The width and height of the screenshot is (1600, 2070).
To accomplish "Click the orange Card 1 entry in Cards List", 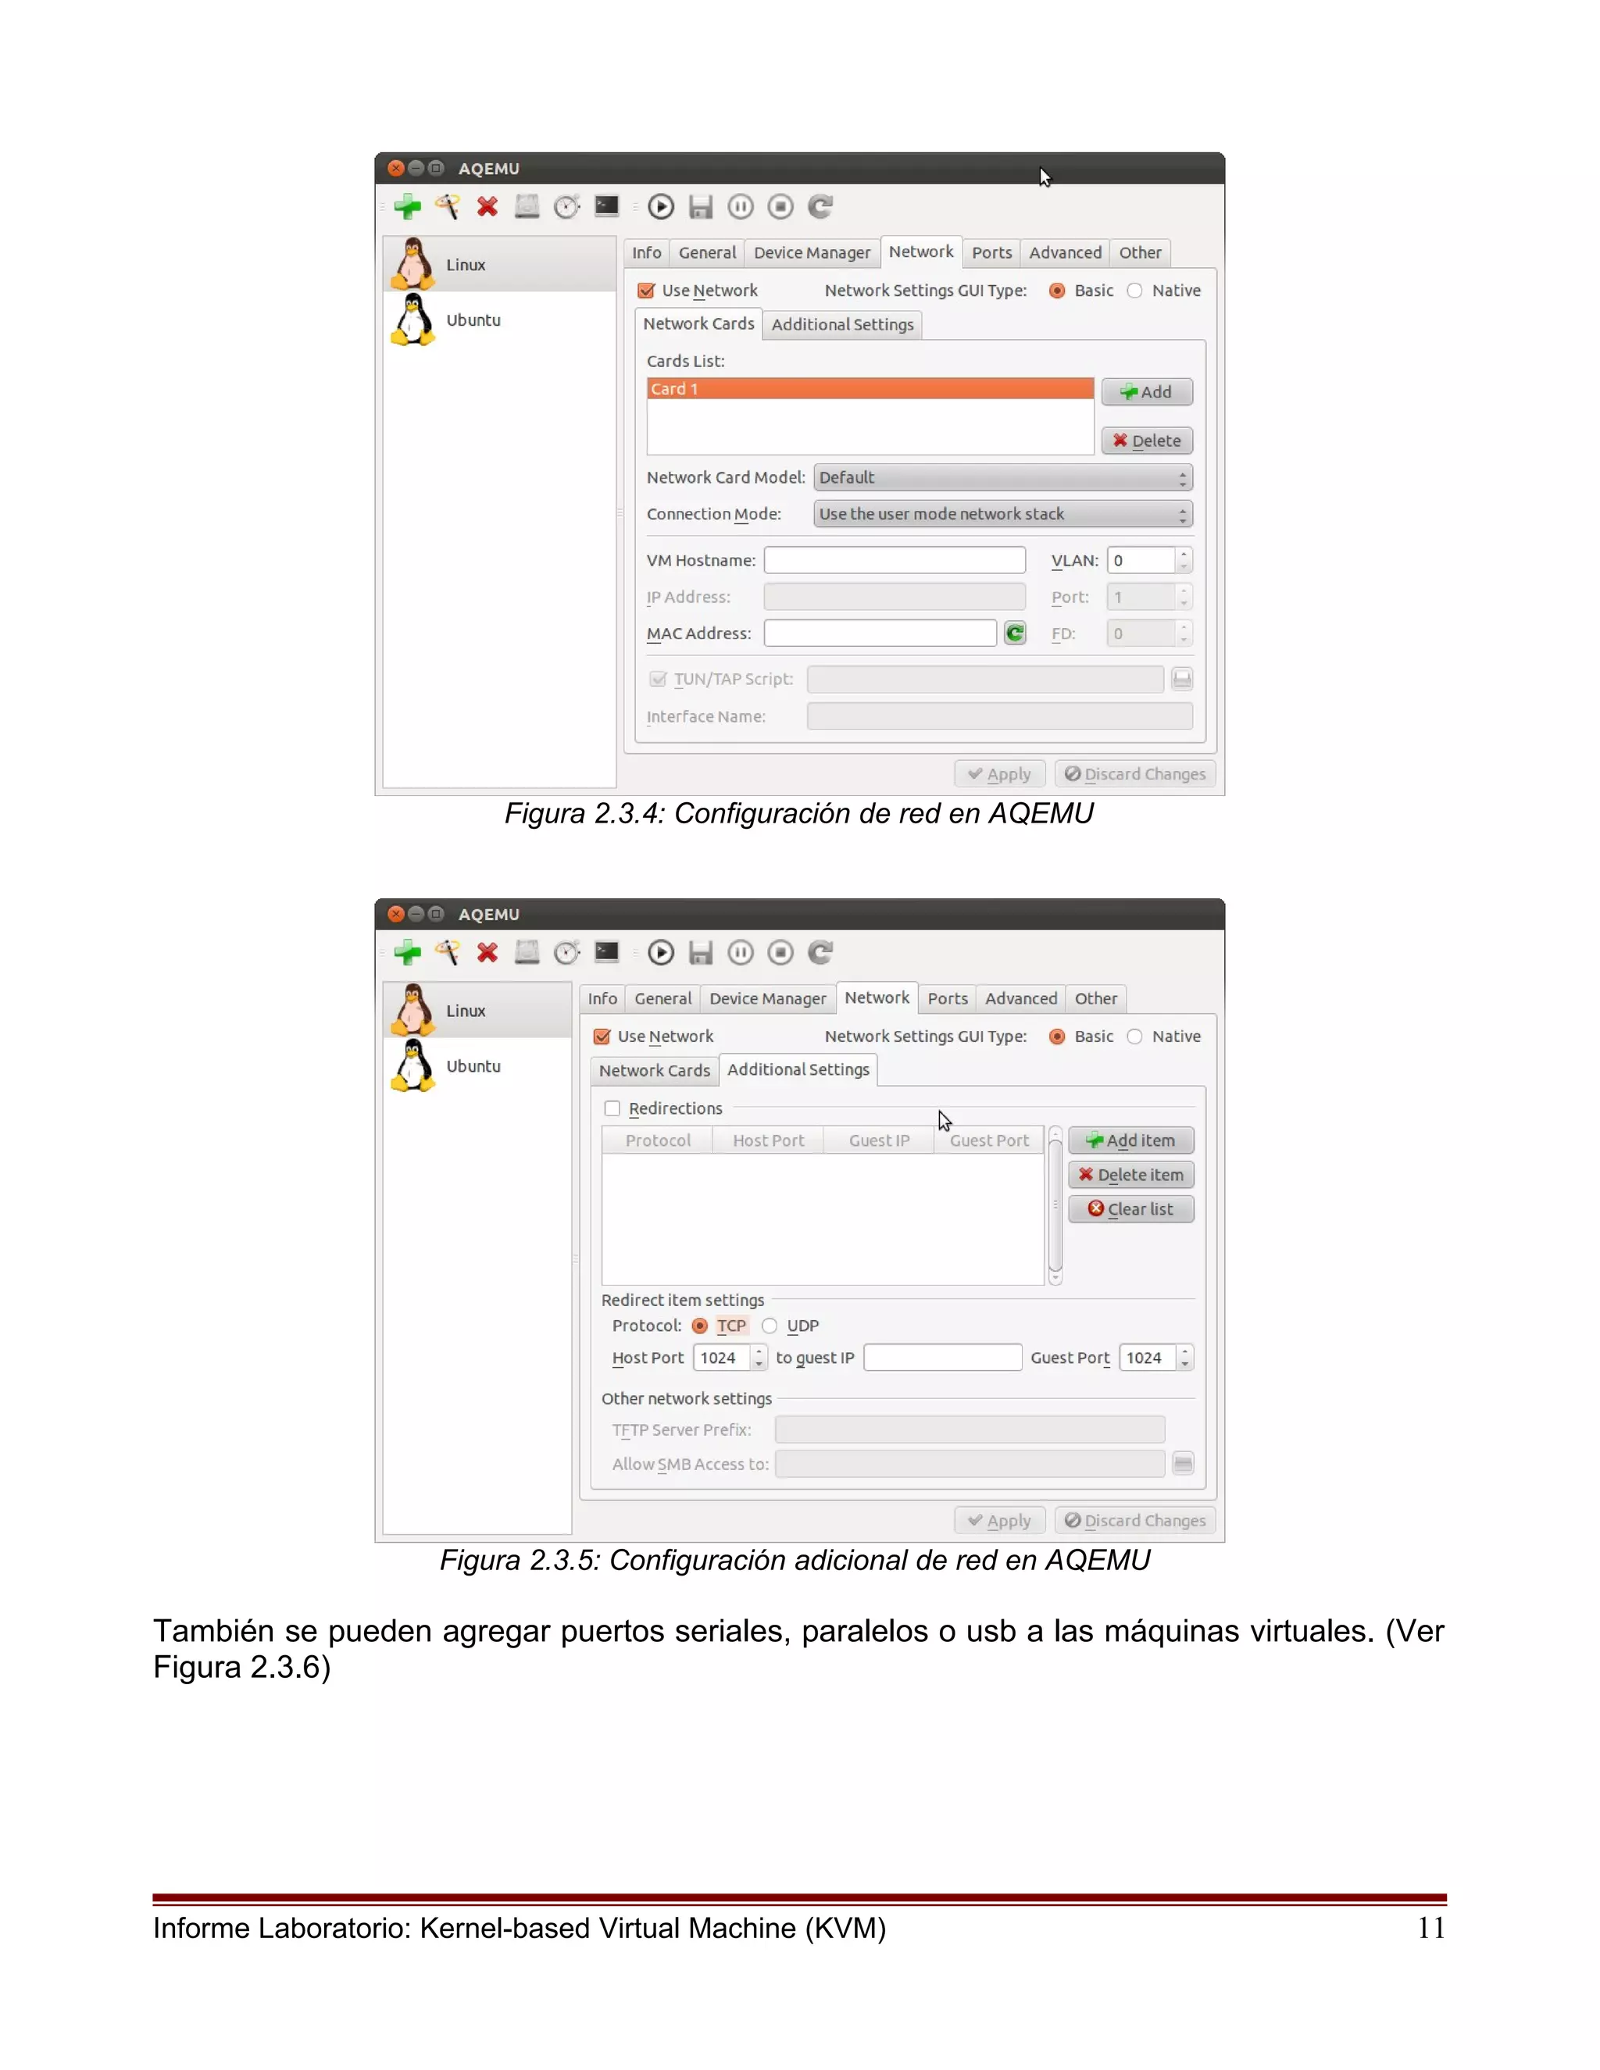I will tap(870, 388).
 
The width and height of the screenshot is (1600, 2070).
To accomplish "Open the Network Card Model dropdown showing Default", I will tap(1002, 478).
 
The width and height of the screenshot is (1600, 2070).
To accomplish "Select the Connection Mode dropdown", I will tap(1002, 515).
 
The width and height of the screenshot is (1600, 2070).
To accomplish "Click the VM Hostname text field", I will tap(894, 560).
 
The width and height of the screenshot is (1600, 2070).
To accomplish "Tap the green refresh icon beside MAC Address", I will tap(1015, 633).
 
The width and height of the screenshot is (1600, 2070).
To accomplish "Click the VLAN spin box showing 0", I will tap(1141, 560).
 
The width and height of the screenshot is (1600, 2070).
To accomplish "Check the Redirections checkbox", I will tap(612, 1108).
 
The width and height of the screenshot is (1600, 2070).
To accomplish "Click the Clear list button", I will tap(1130, 1209).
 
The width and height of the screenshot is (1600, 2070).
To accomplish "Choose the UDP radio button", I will tap(770, 1326).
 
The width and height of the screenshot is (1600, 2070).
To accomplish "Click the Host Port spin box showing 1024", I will tap(721, 1358).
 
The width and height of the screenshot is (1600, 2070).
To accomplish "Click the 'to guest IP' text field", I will tap(942, 1358).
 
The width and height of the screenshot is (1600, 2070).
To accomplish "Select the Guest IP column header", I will tap(879, 1141).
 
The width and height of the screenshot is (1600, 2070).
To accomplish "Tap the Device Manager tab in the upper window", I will tap(812, 253).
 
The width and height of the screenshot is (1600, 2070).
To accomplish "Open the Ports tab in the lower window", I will tap(947, 999).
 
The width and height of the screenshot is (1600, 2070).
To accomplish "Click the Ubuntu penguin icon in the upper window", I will tap(413, 319).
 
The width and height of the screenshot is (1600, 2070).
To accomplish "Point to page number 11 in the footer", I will tap(1430, 1929).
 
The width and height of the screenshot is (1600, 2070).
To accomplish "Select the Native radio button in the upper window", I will tap(1134, 291).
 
